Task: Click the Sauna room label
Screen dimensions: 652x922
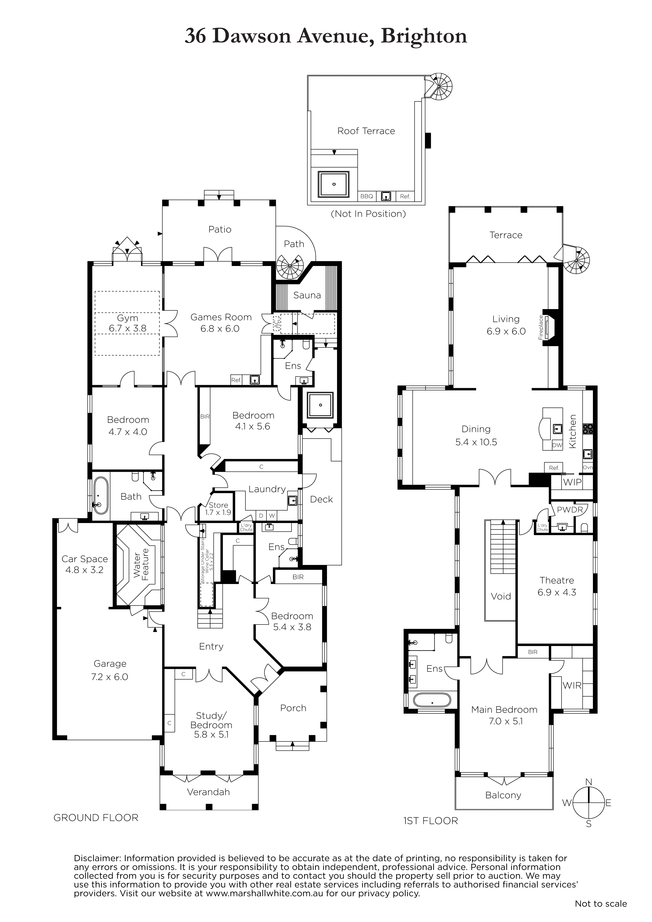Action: point(307,295)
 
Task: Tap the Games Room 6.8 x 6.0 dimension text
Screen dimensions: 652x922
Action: point(220,329)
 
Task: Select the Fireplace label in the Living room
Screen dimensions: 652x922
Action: point(541,328)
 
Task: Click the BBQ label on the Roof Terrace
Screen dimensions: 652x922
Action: point(366,196)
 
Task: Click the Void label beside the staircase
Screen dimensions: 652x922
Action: point(501,596)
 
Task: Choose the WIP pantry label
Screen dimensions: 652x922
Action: point(572,482)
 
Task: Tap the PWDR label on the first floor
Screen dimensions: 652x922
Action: point(570,510)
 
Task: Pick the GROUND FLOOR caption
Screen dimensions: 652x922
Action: point(96,818)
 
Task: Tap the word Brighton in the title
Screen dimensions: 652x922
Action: point(424,36)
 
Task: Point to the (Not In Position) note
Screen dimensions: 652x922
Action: point(368,214)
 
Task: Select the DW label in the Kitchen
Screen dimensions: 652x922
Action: point(557,445)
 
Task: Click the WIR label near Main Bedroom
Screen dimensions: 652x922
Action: point(572,685)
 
